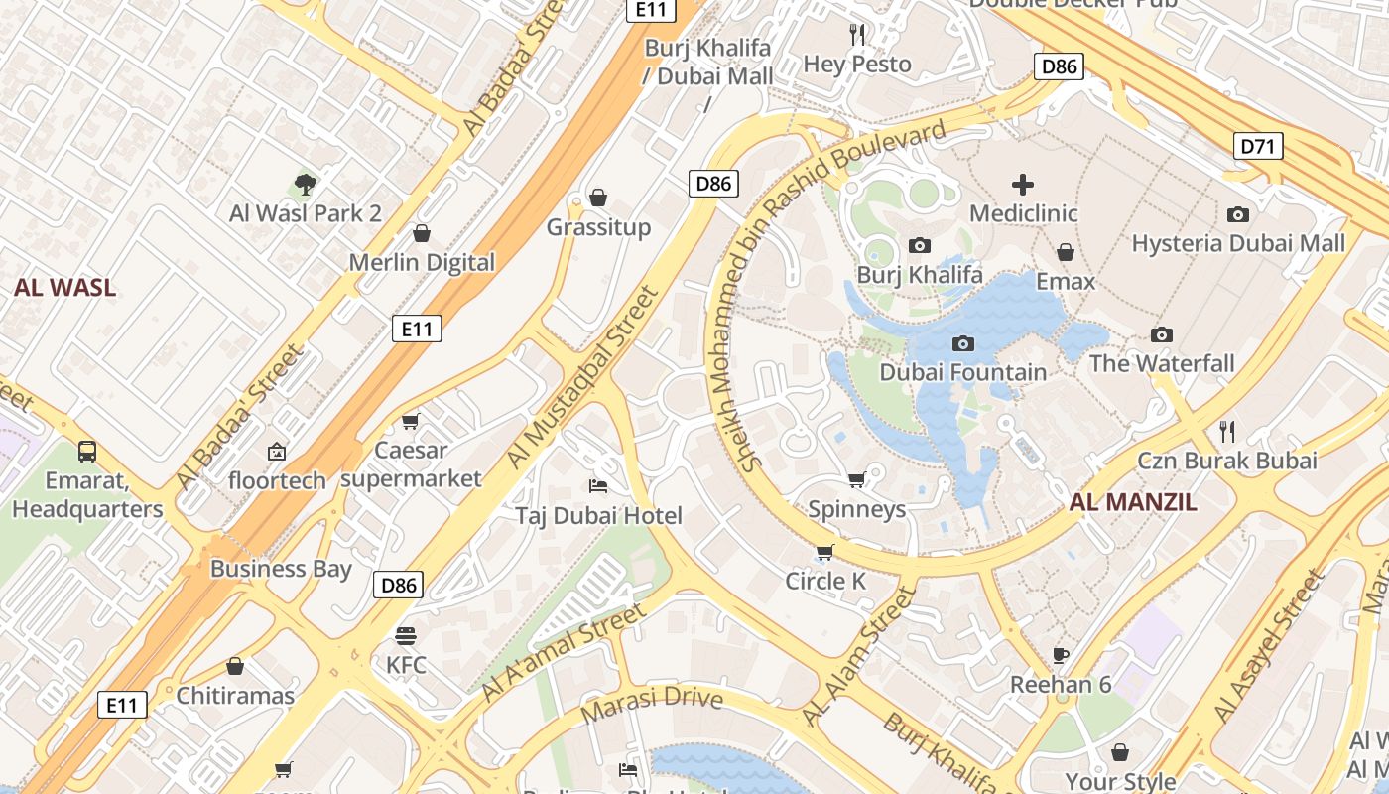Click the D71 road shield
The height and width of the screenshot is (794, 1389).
[x=1258, y=147]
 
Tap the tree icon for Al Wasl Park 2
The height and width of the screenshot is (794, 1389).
[x=306, y=184]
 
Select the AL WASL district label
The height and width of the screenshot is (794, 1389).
[x=64, y=288]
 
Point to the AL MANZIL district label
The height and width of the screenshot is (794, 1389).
[x=1133, y=502]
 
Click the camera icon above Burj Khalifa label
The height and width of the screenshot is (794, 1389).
[x=920, y=245]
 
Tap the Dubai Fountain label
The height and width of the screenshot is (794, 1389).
[x=962, y=372]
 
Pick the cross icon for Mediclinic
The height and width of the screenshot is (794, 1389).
[x=1023, y=185]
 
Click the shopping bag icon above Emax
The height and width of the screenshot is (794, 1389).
[x=1066, y=252]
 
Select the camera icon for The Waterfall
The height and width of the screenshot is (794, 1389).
[x=1162, y=334]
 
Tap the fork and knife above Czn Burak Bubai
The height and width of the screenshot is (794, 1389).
[x=1227, y=431]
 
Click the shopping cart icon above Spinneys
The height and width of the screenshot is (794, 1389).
[x=856, y=479]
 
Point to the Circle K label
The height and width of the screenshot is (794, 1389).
[x=825, y=581]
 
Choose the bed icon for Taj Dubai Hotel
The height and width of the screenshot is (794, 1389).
[x=598, y=485]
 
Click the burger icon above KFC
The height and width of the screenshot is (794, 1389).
[x=405, y=635]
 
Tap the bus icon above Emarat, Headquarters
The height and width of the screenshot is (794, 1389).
[x=87, y=452]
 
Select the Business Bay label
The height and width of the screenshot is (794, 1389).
[x=281, y=569]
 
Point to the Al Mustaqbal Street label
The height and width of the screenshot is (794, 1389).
[x=582, y=377]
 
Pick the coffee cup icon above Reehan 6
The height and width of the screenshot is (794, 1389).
[x=1061, y=654]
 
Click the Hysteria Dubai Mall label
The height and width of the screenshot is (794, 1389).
[x=1238, y=243]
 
